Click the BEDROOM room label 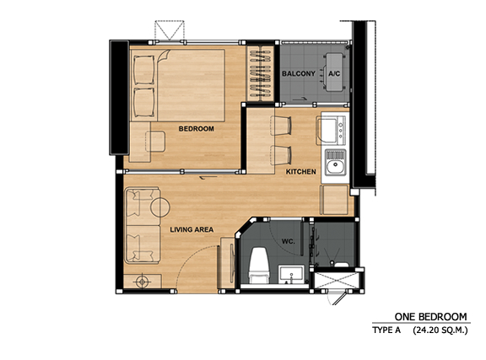click(197, 128)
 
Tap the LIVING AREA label click(192, 229)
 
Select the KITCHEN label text click(301, 172)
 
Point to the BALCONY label click(299, 73)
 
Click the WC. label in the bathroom click(288, 241)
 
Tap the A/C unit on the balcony click(334, 73)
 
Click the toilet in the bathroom click(259, 266)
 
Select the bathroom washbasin click(291, 274)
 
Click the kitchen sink click(335, 162)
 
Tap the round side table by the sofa click(160, 207)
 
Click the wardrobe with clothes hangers click(261, 73)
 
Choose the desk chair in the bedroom click(155, 142)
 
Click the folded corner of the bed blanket click(164, 56)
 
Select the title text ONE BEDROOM click(430, 317)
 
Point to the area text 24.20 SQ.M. click(440, 330)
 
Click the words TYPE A click(386, 330)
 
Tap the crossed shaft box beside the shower click(337, 281)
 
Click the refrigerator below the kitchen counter click(335, 200)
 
